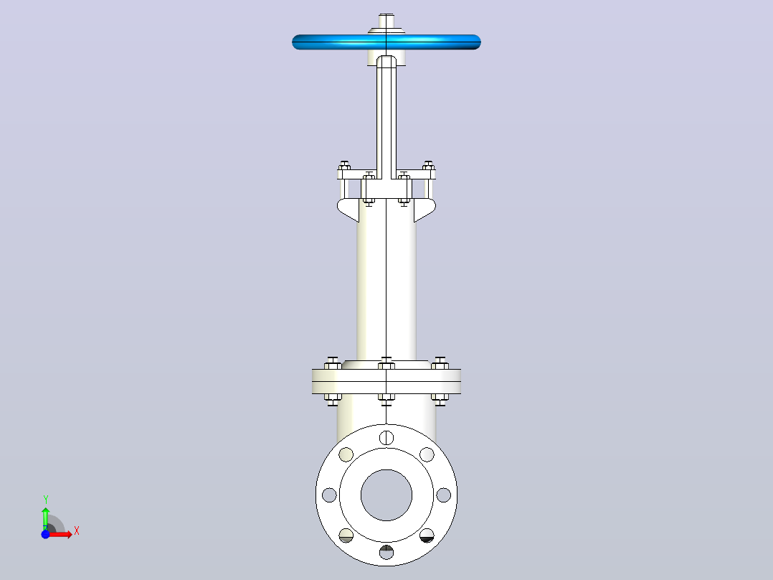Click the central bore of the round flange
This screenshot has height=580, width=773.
click(386, 495)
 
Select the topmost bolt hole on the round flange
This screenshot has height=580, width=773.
click(386, 437)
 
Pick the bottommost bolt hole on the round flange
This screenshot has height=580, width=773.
click(386, 552)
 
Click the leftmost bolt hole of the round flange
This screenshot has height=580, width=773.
click(329, 495)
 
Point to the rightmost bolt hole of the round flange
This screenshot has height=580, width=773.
click(444, 495)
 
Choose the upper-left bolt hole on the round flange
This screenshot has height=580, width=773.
click(346, 454)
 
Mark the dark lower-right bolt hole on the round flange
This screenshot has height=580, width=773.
click(427, 535)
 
